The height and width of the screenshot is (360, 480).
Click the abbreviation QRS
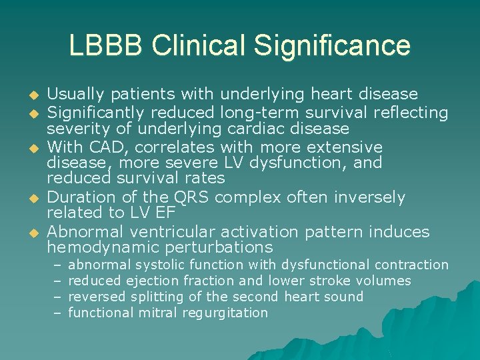coord(190,197)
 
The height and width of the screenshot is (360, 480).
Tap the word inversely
coord(371,197)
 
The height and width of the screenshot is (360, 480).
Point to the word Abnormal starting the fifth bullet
coord(84,231)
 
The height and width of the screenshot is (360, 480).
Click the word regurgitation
coord(225,313)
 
